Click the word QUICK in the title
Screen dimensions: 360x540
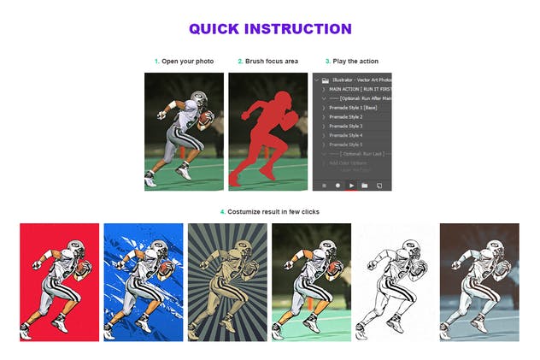(214, 29)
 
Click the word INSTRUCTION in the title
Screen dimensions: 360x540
(297, 29)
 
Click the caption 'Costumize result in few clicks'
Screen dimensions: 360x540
(273, 211)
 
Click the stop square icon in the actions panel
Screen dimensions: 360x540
(324, 185)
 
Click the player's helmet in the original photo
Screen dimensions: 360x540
(198, 98)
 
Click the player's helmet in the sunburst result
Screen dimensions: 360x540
(240, 249)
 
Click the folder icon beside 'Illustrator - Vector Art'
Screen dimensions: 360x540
(325, 80)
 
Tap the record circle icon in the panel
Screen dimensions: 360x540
(337, 185)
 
